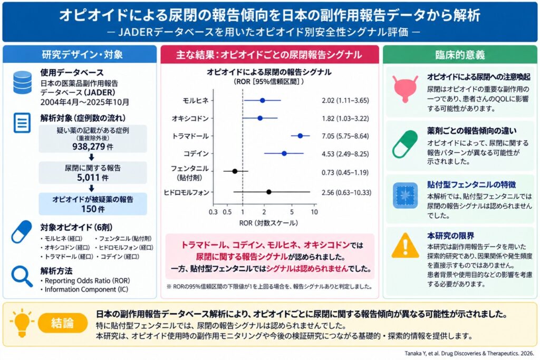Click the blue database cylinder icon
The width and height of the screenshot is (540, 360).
click(x=22, y=82)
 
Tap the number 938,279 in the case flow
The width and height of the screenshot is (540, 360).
click(x=89, y=147)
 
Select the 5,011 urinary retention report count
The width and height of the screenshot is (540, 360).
click(x=89, y=178)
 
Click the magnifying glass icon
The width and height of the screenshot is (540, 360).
click(x=22, y=277)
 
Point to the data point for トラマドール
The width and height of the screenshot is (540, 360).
click(x=300, y=136)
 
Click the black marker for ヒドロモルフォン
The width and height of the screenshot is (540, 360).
click(x=269, y=192)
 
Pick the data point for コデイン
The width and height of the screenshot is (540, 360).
click(x=284, y=153)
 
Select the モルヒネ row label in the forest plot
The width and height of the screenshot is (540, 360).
click(x=196, y=101)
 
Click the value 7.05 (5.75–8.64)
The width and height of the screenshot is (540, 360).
click(x=345, y=136)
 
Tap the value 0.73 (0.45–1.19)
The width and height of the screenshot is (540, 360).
click(x=345, y=172)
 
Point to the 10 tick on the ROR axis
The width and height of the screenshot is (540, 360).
click(x=314, y=212)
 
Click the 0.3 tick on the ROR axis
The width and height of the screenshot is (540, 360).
click(x=213, y=212)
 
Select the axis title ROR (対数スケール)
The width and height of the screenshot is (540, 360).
click(x=268, y=223)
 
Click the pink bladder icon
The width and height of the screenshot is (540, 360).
click(x=406, y=89)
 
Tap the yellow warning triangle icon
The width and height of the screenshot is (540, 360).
click(x=406, y=246)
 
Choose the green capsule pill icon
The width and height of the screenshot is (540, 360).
click(x=405, y=144)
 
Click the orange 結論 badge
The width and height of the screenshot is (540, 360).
click(x=62, y=323)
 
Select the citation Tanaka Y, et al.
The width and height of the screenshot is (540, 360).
click(x=469, y=354)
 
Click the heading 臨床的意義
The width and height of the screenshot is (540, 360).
click(x=460, y=55)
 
